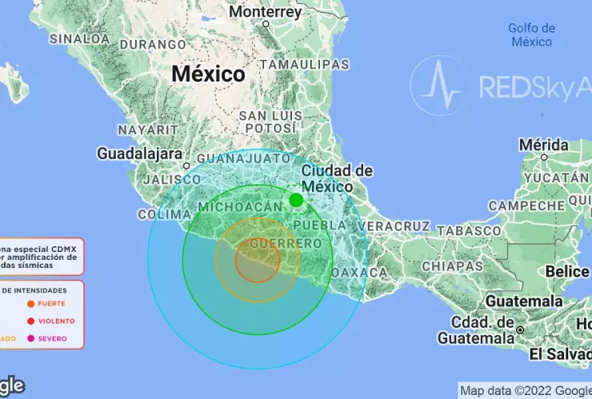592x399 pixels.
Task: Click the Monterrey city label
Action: click(265, 12)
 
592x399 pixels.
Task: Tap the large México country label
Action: click(208, 74)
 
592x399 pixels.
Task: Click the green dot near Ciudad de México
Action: click(296, 200)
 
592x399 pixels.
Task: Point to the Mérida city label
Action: click(543, 145)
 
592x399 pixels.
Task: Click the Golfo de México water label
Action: click(530, 35)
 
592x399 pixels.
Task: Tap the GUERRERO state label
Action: click(274, 242)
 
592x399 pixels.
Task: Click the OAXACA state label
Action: click(365, 272)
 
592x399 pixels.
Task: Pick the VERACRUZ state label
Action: click(394, 226)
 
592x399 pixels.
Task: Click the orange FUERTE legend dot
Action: click(30, 304)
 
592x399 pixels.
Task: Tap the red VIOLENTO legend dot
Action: click(30, 321)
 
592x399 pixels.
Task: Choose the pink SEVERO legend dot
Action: click(30, 339)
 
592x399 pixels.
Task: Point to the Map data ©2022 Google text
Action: click(525, 390)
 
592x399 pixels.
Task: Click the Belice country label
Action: click(567, 271)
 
